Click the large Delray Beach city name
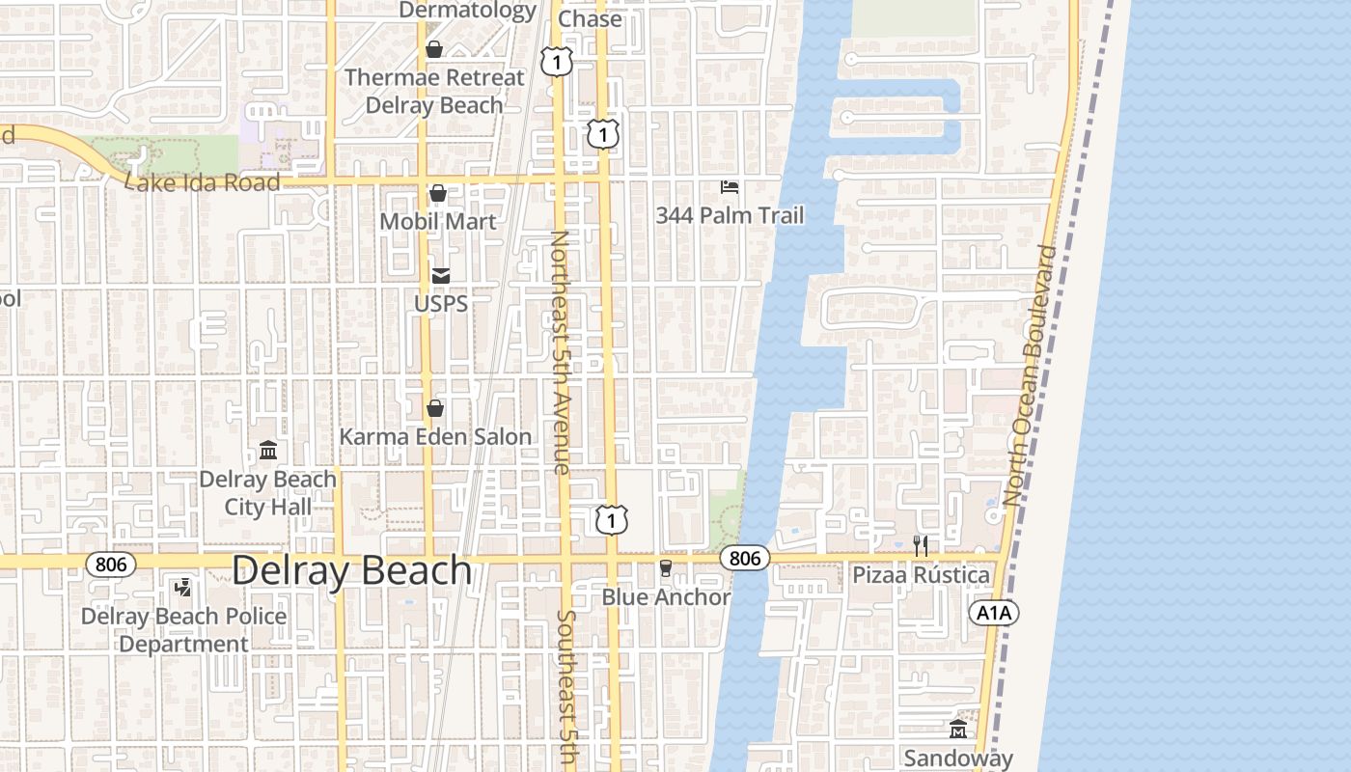pyautogui.click(x=351, y=570)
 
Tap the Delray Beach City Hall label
pyautogui.click(x=267, y=493)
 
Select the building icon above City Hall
pyautogui.click(x=267, y=451)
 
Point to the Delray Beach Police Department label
pyautogui.click(x=183, y=630)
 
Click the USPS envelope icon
pyautogui.click(x=441, y=276)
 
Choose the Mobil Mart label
pyautogui.click(x=438, y=221)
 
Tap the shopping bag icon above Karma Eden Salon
pyautogui.click(x=435, y=408)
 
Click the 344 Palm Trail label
pyautogui.click(x=730, y=215)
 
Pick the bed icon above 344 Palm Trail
pyautogui.click(x=730, y=185)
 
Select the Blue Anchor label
pyautogui.click(x=666, y=597)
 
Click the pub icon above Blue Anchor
pyautogui.click(x=665, y=568)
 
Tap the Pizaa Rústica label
pyautogui.click(x=921, y=575)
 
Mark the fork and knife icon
pyautogui.click(x=921, y=546)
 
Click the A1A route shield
pyautogui.click(x=994, y=613)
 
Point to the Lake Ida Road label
pyautogui.click(x=204, y=182)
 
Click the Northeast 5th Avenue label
pyautogui.click(x=562, y=352)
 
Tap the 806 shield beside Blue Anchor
pyautogui.click(x=744, y=558)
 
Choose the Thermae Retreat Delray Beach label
pyautogui.click(x=434, y=91)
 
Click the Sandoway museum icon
pyautogui.click(x=958, y=730)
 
